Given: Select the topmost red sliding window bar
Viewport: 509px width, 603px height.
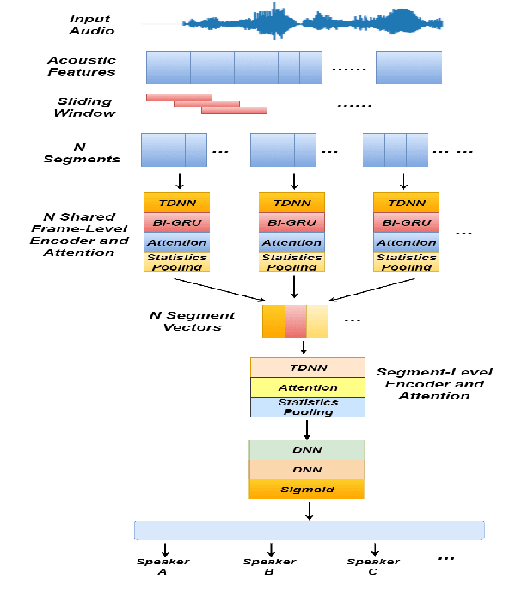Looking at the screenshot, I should pos(179,96).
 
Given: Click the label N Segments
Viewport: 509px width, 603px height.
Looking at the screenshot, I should pos(82,153).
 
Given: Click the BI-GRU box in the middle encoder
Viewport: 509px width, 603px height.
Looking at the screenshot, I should pos(293,222).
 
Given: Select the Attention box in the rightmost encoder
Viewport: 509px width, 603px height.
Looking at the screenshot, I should pos(406,242).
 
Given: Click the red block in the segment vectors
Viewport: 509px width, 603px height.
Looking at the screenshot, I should pos(295,320).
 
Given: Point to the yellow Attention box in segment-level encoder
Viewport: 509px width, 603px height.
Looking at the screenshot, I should pos(308,387).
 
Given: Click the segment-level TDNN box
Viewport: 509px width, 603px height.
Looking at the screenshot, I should pos(308,367).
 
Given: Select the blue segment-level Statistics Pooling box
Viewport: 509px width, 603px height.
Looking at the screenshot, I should pos(308,407).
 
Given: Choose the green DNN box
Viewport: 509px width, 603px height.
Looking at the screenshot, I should pos(307,450).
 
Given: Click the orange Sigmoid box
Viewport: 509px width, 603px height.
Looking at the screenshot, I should pos(307,490).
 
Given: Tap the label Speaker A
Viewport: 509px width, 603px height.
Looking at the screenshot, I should pos(163,566).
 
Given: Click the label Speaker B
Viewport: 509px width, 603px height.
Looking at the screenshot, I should pos(268,566).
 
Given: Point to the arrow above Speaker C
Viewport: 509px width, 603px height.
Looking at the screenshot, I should pos(375,549).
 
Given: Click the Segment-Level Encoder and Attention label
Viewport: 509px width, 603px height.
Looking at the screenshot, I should pos(433,384).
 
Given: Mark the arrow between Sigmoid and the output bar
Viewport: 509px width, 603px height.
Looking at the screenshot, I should pos(309,510).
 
